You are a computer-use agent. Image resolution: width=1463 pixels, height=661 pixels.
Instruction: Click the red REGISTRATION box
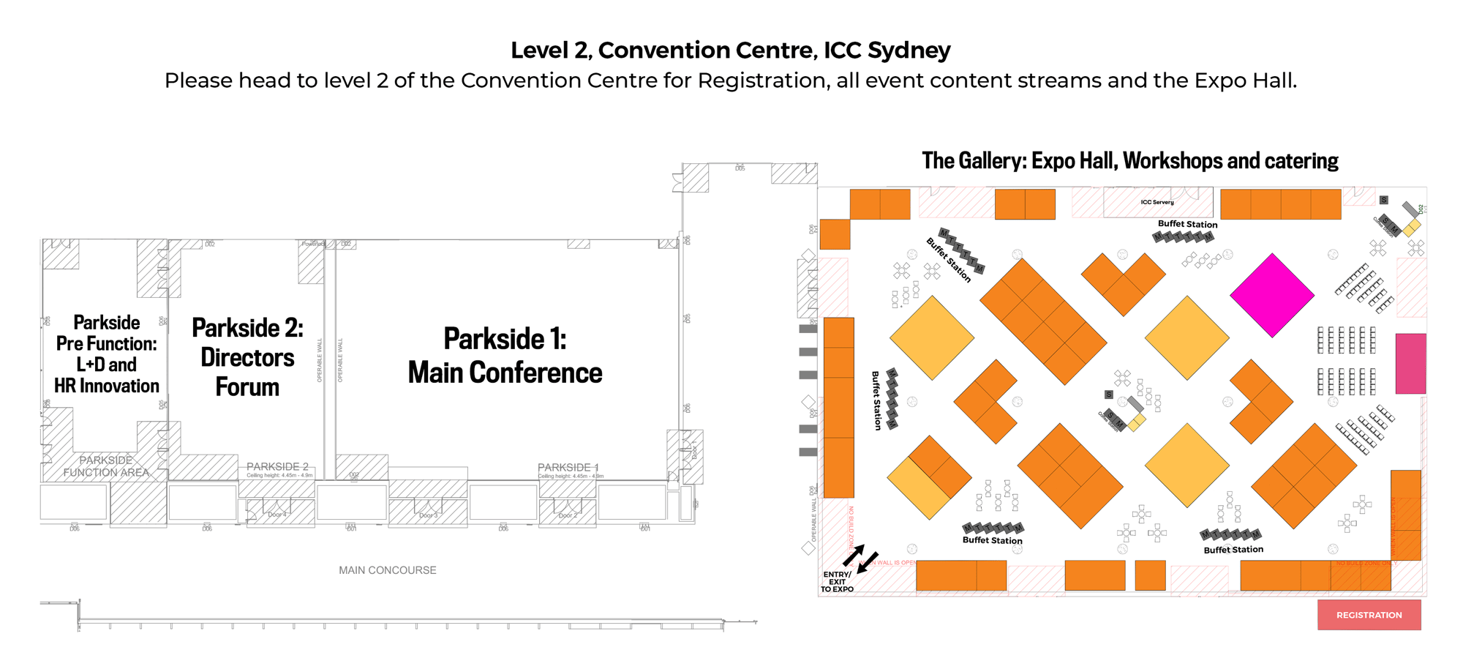point(1369,615)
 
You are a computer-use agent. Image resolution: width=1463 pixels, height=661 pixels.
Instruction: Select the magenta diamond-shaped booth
point(1272,295)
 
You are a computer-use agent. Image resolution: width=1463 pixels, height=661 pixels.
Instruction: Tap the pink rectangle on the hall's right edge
point(1410,364)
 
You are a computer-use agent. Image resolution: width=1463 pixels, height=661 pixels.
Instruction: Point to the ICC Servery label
point(1157,202)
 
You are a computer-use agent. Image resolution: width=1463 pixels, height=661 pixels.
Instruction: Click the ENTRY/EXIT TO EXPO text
point(837,582)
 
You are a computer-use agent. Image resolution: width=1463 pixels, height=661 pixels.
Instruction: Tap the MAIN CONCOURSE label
point(387,570)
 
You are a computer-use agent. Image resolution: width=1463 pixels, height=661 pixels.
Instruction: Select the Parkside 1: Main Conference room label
point(505,356)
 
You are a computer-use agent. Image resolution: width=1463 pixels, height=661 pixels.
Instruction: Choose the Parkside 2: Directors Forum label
point(247,357)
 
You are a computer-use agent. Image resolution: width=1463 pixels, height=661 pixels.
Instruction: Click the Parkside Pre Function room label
point(107,354)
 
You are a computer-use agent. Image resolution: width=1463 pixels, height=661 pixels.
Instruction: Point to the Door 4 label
point(277,515)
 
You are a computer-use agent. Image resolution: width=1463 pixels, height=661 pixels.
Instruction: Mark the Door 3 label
point(428,515)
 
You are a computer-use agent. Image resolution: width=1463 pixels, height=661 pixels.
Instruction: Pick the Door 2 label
point(568,515)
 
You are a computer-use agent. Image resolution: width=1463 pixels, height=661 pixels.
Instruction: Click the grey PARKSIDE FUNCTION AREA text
point(106,466)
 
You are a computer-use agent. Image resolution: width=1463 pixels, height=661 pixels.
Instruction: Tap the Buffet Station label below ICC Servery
point(1187,224)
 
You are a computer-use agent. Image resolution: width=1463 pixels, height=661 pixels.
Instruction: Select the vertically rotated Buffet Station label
point(876,400)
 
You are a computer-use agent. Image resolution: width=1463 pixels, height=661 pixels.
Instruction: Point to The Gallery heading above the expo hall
point(1129,161)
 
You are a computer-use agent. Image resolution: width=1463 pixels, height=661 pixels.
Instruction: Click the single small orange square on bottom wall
point(1150,575)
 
